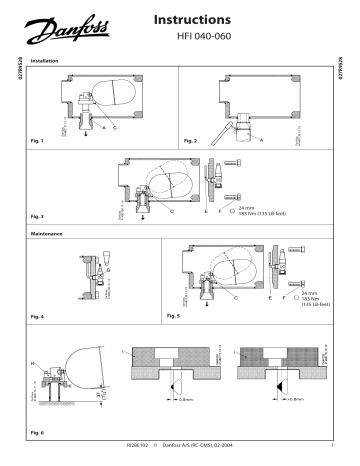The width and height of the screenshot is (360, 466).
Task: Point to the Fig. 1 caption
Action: click(40, 142)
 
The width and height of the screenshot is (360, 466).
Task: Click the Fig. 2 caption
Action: click(187, 142)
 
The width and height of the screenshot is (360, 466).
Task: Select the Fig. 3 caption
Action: click(40, 216)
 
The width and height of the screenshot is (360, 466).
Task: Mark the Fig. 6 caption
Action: click(40, 432)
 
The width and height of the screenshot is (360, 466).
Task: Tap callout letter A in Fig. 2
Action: click(261, 143)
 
